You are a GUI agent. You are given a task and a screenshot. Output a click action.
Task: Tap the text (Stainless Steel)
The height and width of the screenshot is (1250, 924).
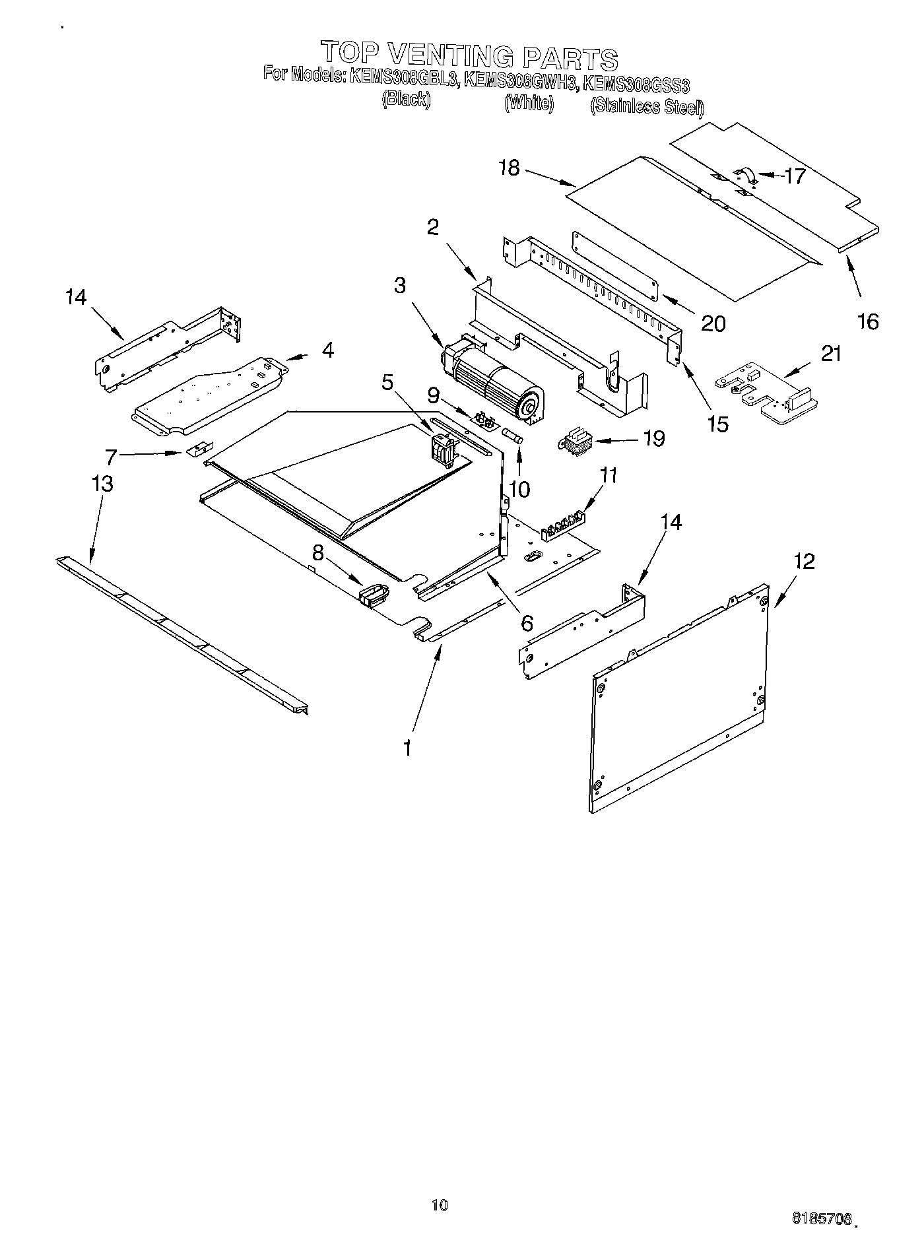[x=647, y=106]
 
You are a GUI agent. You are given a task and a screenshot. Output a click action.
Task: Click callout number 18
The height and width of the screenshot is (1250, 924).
[x=510, y=168]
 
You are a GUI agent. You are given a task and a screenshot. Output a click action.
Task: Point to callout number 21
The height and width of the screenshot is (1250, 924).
[x=831, y=354]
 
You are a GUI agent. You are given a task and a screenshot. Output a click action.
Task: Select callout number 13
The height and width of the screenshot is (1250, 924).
[x=102, y=484]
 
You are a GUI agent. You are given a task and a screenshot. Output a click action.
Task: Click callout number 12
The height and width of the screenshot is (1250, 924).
[x=805, y=562]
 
